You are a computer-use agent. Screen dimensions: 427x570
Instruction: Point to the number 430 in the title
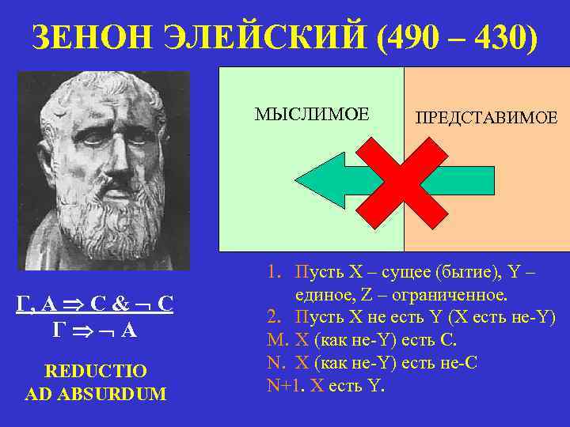tap(500, 36)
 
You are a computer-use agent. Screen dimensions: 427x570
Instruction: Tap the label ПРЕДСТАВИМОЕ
tap(486, 118)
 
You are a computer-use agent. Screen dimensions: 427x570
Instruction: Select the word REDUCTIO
tap(96, 370)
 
